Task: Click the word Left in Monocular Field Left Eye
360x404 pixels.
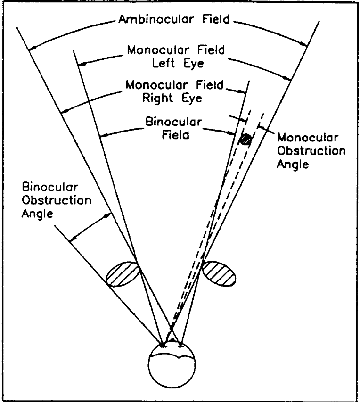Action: click(169, 64)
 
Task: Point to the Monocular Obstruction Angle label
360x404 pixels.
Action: click(311, 151)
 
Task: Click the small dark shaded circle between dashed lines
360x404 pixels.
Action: click(245, 140)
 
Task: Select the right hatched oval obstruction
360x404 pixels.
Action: click(219, 273)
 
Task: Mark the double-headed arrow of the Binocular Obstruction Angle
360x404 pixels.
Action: click(91, 227)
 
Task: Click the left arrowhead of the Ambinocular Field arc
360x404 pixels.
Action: click(31, 48)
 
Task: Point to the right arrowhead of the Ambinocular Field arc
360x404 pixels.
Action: click(305, 45)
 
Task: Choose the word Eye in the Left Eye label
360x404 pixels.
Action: click(193, 64)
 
